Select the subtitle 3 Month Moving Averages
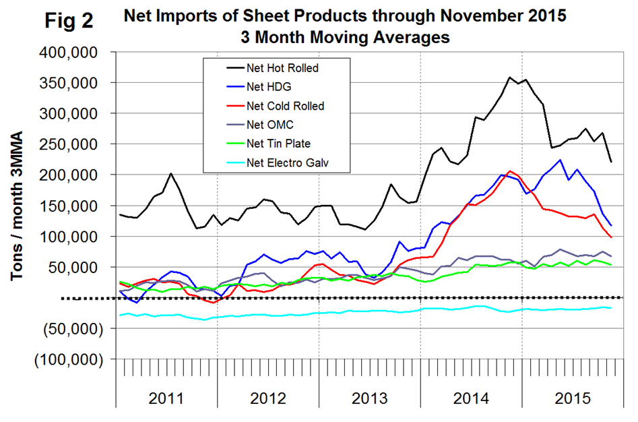point(345,38)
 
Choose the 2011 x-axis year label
point(166,397)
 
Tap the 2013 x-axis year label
point(370,397)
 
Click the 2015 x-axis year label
point(572,397)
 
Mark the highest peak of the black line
point(509,78)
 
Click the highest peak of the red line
point(510,171)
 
